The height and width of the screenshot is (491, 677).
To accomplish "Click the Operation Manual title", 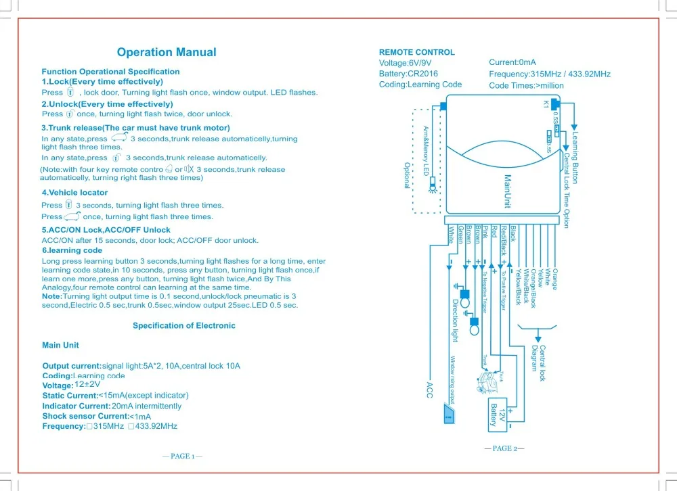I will (167, 52).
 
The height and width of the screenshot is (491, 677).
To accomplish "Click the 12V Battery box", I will (502, 414).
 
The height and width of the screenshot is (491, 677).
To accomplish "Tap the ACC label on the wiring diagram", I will (429, 389).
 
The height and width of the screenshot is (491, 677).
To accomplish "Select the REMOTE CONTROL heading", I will (416, 52).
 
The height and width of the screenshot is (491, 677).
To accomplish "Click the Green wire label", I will (460, 235).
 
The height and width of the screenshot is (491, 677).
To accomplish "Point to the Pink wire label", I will (485, 232).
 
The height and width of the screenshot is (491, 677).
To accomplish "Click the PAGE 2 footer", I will (504, 448).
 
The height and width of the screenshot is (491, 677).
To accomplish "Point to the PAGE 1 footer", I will (183, 456).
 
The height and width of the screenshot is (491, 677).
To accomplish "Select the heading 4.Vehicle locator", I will (74, 193).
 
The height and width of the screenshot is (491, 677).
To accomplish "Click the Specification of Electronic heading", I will (184, 325).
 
